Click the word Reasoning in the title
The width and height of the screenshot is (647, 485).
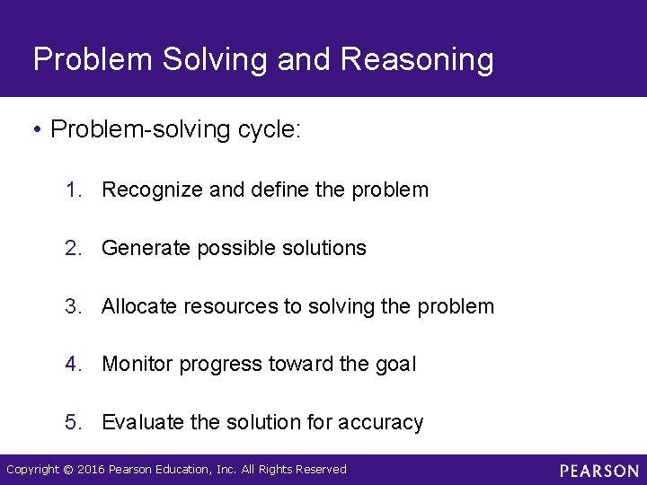tap(418, 60)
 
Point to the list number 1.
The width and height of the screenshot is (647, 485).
tap(73, 190)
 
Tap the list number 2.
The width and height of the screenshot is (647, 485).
tap(73, 248)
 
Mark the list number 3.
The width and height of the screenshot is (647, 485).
tap(73, 306)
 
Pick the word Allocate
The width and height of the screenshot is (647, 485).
tap(139, 306)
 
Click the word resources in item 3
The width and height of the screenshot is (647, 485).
tap(231, 306)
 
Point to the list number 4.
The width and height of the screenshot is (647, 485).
tap(73, 364)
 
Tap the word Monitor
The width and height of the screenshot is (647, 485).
tap(137, 364)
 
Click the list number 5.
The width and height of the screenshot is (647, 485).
tap(73, 422)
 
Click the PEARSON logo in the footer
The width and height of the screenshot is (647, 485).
tap(598, 470)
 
